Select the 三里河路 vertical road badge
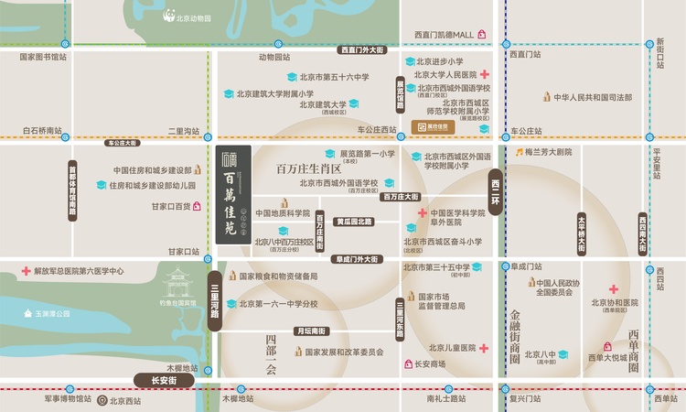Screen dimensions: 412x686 (215, 295)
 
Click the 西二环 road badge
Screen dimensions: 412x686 (496, 192)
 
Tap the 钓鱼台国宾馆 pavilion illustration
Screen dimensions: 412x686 (177, 287)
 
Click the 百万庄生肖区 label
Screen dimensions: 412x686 (308, 169)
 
